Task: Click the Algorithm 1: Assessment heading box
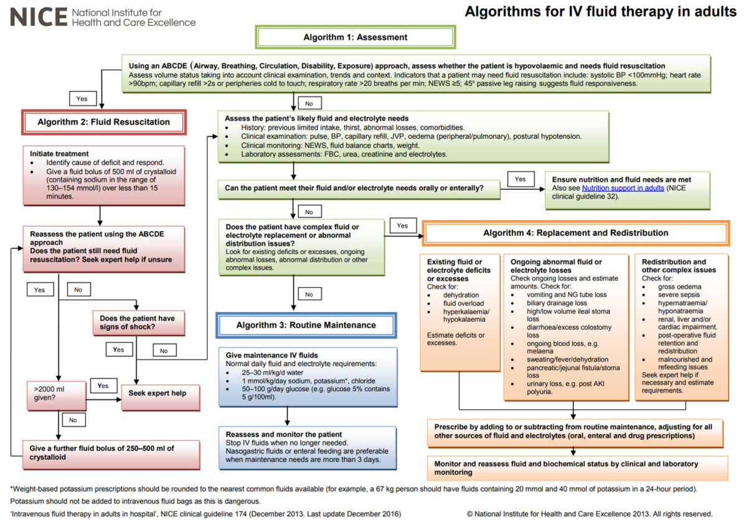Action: pyautogui.click(x=355, y=37)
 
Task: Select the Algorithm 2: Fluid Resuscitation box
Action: pyautogui.click(x=104, y=123)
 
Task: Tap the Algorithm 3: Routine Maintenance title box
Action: pyautogui.click(x=306, y=325)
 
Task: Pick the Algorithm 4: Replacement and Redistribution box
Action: pyautogui.click(x=575, y=233)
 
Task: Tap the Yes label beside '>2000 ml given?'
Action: pyautogui.click(x=103, y=385)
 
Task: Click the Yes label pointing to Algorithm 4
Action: pyautogui.click(x=402, y=225)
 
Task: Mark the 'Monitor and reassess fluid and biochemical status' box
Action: pyautogui.click(x=576, y=468)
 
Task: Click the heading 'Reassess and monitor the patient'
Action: pyautogui.click(x=283, y=434)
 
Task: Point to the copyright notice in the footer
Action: pyautogui.click(x=589, y=514)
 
